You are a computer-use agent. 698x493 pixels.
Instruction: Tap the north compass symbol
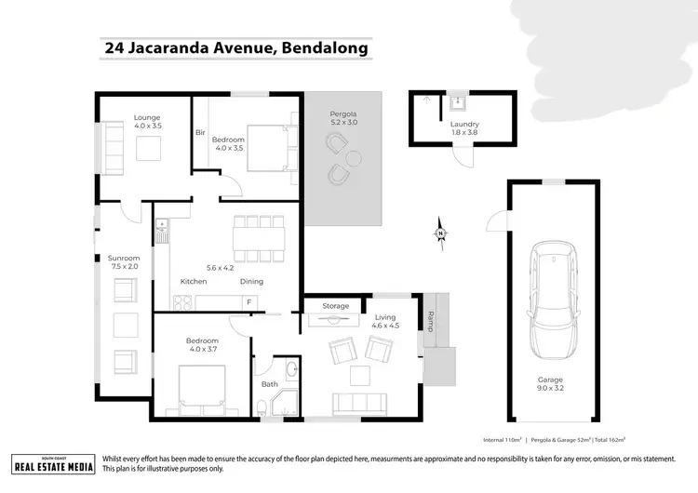click(x=443, y=232)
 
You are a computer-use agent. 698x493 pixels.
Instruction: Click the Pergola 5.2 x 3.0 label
click(x=343, y=118)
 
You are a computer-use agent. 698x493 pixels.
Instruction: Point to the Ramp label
click(x=429, y=321)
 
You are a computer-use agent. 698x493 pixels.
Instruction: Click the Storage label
click(x=336, y=305)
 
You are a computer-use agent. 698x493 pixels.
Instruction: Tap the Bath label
click(x=270, y=383)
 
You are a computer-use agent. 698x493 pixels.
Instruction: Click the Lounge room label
click(x=147, y=122)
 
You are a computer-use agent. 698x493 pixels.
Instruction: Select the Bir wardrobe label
click(x=200, y=133)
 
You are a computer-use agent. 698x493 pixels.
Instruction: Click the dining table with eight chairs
click(x=251, y=239)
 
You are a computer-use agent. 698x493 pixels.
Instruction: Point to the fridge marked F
click(x=248, y=301)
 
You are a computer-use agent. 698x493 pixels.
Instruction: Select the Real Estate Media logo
click(x=54, y=463)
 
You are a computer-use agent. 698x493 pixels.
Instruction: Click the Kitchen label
click(x=194, y=281)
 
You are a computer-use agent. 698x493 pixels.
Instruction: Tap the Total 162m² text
click(x=605, y=439)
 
